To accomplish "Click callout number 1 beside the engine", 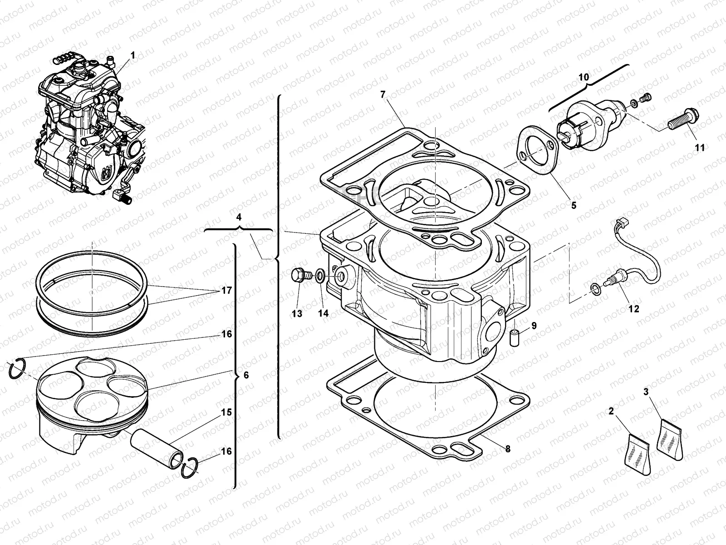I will click(132, 55).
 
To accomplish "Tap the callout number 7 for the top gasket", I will click(383, 94).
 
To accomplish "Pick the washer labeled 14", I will click(320, 275).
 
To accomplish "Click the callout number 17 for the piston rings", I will click(226, 290).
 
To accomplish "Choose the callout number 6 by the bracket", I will click(246, 375).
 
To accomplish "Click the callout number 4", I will click(239, 217).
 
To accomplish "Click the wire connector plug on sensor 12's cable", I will click(619, 223).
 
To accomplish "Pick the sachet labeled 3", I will click(670, 439).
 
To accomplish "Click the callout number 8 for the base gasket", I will click(508, 449).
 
